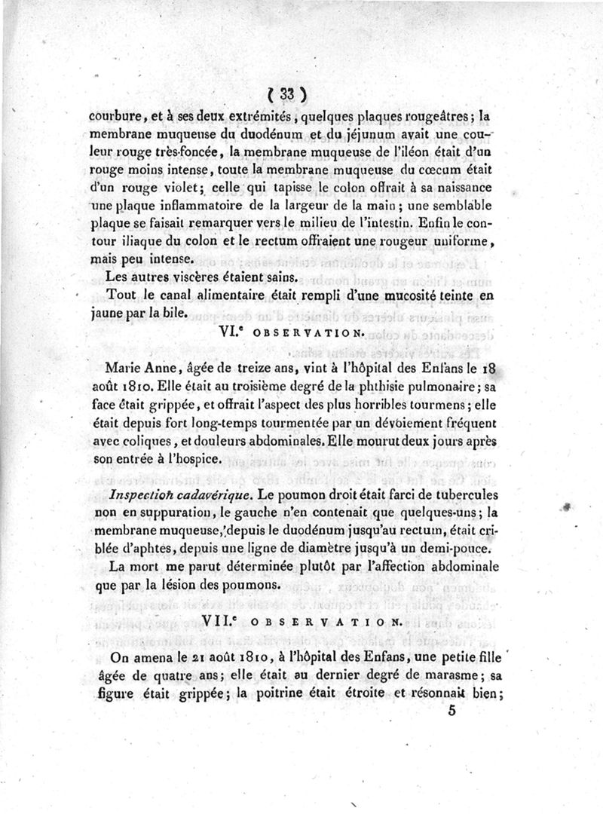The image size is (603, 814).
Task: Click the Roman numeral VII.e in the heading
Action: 223,620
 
